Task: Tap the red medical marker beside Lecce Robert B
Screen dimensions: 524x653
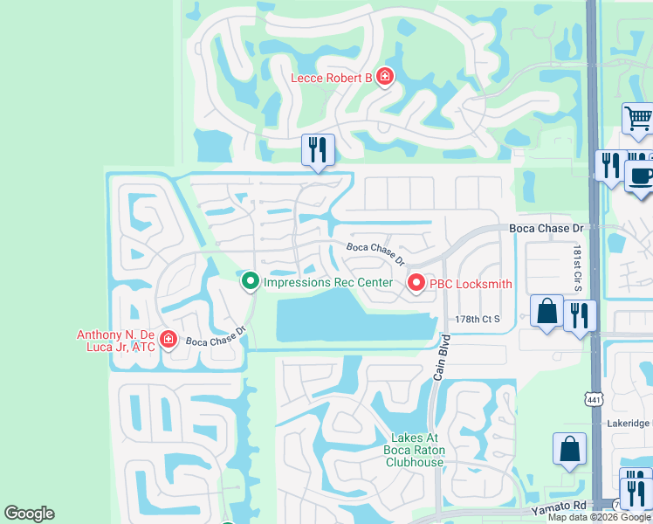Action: click(383, 78)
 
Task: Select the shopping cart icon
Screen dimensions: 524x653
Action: click(638, 119)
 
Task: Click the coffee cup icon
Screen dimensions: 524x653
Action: click(641, 175)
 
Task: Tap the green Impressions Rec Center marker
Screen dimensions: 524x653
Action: click(251, 281)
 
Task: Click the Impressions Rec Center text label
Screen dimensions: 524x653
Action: click(328, 282)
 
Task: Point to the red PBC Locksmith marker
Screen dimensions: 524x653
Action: click(416, 283)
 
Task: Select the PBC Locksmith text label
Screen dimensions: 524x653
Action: click(471, 284)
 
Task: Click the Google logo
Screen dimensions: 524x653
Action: click(29, 514)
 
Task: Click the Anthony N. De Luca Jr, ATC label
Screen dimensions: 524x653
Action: click(115, 341)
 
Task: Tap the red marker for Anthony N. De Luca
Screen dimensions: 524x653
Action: click(168, 341)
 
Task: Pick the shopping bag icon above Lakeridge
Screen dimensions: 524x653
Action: click(569, 449)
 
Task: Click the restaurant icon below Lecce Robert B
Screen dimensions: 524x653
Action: click(317, 149)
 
